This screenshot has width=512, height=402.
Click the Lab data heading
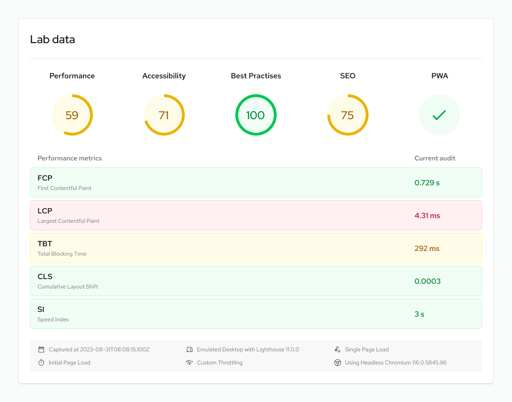(x=53, y=39)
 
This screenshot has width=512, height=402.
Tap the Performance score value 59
(x=72, y=115)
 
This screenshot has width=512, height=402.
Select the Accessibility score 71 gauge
(x=164, y=115)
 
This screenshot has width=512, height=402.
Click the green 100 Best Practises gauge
(x=256, y=115)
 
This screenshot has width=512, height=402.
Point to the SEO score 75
(x=347, y=115)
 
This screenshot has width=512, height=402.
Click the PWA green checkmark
(x=439, y=115)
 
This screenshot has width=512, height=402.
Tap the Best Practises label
(x=256, y=76)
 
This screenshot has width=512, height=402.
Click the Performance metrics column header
(x=69, y=158)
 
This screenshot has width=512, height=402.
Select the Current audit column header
(x=435, y=158)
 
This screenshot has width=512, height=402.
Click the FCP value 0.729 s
(x=427, y=183)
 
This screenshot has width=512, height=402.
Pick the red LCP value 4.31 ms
(x=427, y=216)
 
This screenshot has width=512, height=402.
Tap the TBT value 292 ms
(x=427, y=249)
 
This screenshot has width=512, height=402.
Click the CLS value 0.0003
(x=427, y=281)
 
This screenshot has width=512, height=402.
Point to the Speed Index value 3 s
(x=419, y=314)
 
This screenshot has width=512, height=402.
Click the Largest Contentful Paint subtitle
(x=68, y=221)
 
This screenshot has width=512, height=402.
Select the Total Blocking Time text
(x=62, y=254)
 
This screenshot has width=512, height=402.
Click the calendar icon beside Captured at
(x=41, y=349)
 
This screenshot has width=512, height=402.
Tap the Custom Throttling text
(x=219, y=363)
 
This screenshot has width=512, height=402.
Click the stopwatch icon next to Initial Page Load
(x=41, y=363)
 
